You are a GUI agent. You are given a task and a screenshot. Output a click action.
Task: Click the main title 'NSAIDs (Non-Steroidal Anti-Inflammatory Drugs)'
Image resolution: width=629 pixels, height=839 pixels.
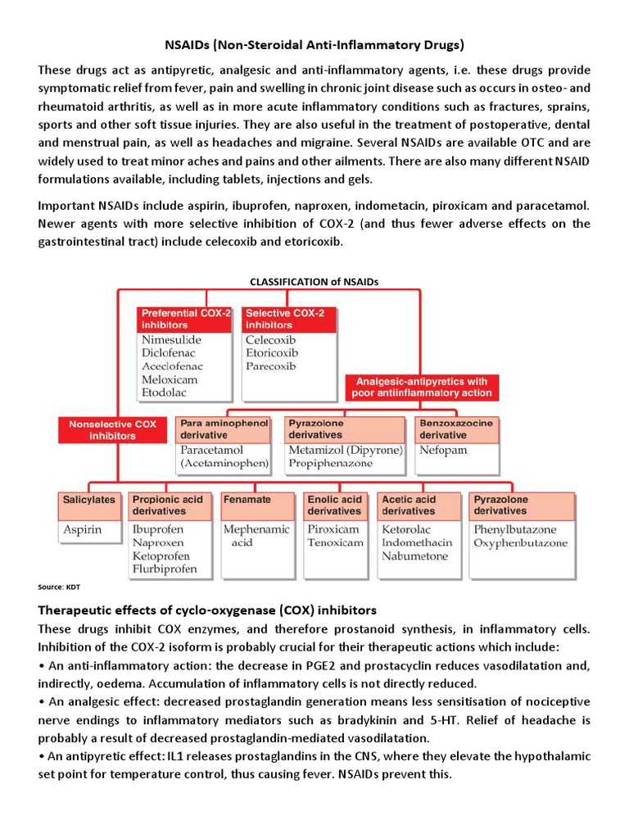[x=314, y=43]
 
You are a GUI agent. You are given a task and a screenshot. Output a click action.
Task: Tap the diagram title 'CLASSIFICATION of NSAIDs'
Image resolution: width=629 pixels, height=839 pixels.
[x=314, y=281]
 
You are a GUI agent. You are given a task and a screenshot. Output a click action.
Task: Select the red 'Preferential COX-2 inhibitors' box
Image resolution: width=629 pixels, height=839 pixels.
[x=186, y=319]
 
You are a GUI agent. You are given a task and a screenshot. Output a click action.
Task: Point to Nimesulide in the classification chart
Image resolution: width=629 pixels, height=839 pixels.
[x=171, y=340]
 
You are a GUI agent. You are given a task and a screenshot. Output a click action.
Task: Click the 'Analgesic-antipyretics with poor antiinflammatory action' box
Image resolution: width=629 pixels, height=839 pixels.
[x=421, y=388]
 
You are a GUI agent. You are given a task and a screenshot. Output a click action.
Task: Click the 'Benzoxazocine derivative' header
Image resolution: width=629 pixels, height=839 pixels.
[x=457, y=429]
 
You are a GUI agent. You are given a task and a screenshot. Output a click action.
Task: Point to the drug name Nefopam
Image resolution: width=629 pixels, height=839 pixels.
[x=443, y=450]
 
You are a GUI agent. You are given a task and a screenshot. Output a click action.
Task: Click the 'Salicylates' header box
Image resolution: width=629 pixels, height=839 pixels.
[x=89, y=499]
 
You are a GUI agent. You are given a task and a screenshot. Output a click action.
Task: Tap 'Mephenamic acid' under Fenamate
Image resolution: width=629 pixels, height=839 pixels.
[x=256, y=536]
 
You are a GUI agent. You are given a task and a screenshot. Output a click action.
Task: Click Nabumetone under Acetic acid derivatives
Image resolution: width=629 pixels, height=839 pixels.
[x=414, y=556]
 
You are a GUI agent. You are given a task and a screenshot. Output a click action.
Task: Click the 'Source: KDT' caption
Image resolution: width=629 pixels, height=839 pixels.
[x=59, y=587]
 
